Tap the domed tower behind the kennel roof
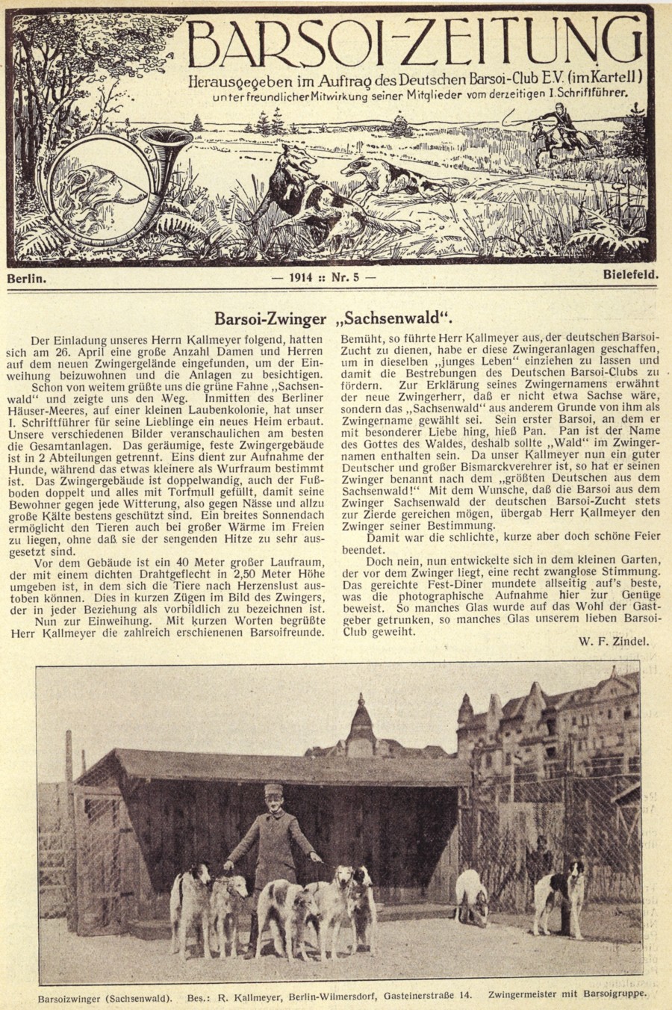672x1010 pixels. point(361,718)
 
